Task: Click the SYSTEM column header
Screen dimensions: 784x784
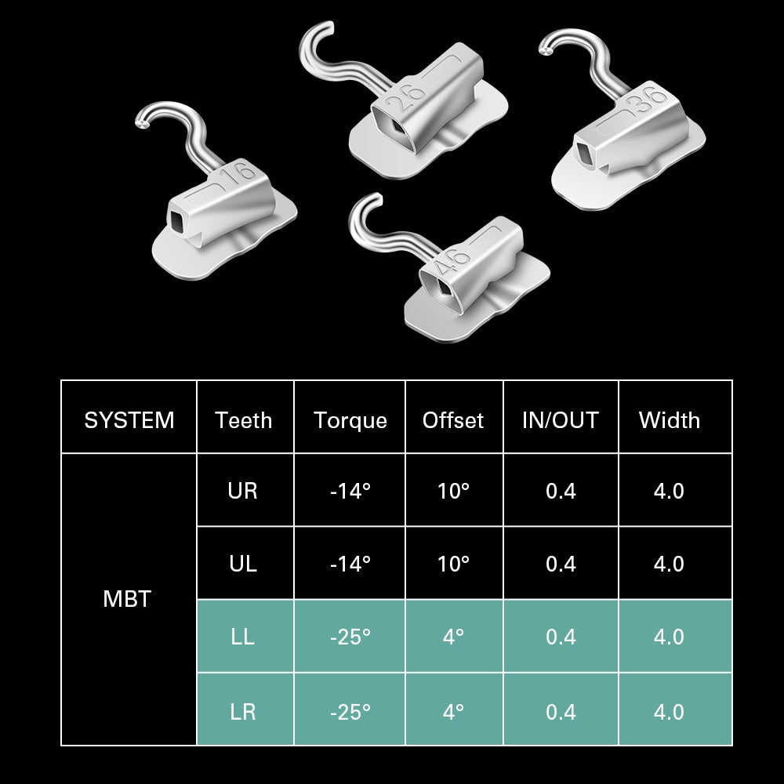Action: (129, 420)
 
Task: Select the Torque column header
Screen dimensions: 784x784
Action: (350, 420)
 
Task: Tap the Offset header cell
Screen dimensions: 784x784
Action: (453, 420)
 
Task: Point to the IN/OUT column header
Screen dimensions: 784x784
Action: (560, 420)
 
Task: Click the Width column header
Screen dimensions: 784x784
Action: (669, 420)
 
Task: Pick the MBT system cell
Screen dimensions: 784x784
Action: (127, 600)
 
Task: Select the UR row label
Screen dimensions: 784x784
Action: (243, 491)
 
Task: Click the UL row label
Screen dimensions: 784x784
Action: (243, 564)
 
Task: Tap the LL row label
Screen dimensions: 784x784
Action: (243, 637)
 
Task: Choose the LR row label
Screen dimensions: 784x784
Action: (243, 711)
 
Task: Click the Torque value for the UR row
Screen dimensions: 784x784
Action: (350, 491)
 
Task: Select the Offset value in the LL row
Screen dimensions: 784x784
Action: (453, 637)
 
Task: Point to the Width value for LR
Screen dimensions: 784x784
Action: (669, 711)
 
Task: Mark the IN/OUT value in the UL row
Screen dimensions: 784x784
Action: (560, 564)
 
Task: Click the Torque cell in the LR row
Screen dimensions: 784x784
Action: (350, 711)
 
